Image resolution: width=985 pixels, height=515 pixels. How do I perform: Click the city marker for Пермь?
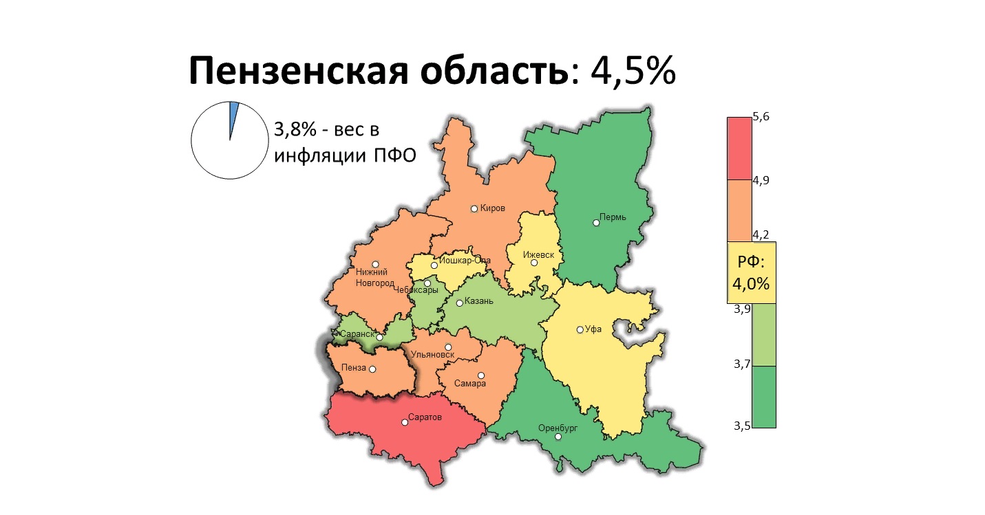click(x=596, y=222)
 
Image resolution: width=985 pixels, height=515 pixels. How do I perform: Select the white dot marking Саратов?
click(x=405, y=422)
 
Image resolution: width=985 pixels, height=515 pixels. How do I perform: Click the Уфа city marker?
click(x=580, y=329)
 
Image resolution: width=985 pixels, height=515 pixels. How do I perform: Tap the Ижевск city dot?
click(x=534, y=263)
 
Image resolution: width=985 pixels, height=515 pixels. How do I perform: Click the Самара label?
click(x=470, y=384)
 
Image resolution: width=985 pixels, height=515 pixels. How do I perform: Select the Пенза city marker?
click(x=373, y=369)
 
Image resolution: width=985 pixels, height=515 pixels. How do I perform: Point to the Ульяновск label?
click(x=432, y=355)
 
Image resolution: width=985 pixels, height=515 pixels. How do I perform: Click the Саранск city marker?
click(x=379, y=338)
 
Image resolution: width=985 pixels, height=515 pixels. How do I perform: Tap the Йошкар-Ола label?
click(x=465, y=261)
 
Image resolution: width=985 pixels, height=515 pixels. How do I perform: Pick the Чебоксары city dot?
click(x=427, y=283)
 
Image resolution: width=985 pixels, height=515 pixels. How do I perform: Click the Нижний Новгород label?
click(x=374, y=277)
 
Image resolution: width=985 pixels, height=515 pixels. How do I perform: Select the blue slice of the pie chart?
click(x=233, y=113)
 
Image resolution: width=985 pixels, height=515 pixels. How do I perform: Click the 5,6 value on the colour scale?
click(x=761, y=117)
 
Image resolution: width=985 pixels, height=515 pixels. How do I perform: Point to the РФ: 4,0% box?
click(x=752, y=273)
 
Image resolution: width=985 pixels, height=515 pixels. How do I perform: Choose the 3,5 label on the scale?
click(x=742, y=426)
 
